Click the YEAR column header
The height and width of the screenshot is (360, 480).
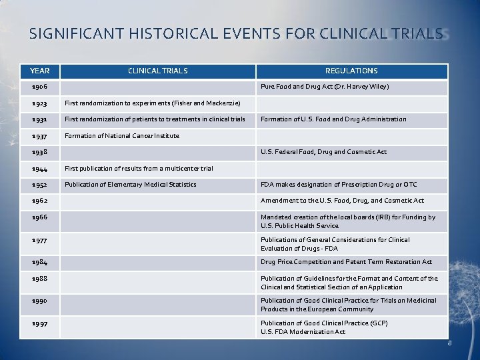40,71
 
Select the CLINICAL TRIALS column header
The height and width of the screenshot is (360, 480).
158,71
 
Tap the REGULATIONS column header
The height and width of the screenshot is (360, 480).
351,71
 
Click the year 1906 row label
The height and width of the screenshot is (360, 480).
39,87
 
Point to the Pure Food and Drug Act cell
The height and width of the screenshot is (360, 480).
325,87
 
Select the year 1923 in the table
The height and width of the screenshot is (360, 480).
39,103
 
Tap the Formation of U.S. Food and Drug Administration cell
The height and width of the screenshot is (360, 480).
333,119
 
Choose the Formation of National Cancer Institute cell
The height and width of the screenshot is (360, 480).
122,136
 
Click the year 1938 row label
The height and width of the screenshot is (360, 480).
39,152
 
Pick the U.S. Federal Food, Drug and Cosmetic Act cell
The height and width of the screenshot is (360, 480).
323,152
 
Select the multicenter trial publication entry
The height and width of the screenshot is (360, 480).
139,169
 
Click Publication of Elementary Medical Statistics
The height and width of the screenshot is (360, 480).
130,185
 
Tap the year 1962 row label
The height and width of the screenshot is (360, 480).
39,201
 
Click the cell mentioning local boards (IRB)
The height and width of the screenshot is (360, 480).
347,221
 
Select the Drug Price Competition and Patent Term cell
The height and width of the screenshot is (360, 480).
346,262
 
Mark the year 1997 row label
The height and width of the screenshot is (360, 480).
39,323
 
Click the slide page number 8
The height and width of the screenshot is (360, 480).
449,344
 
